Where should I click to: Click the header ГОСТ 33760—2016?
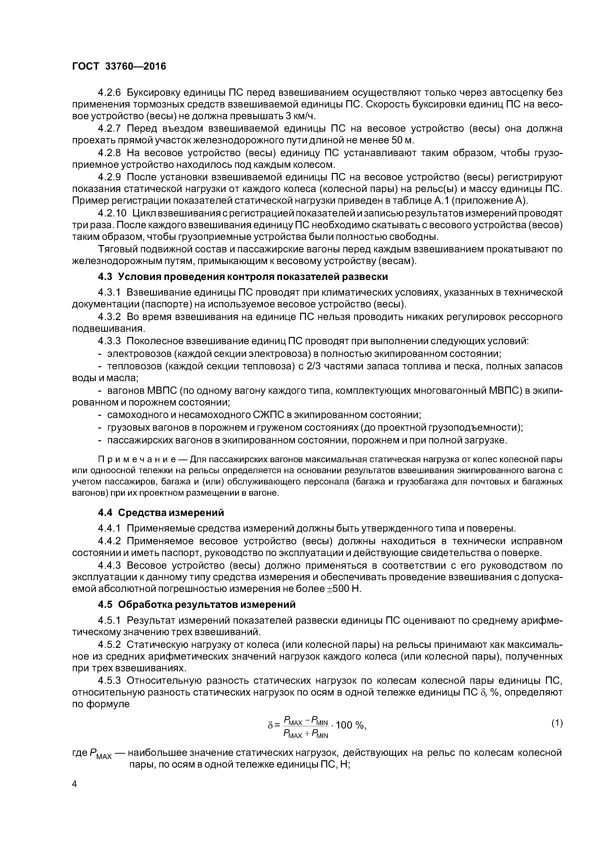pyautogui.click(x=119, y=66)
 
